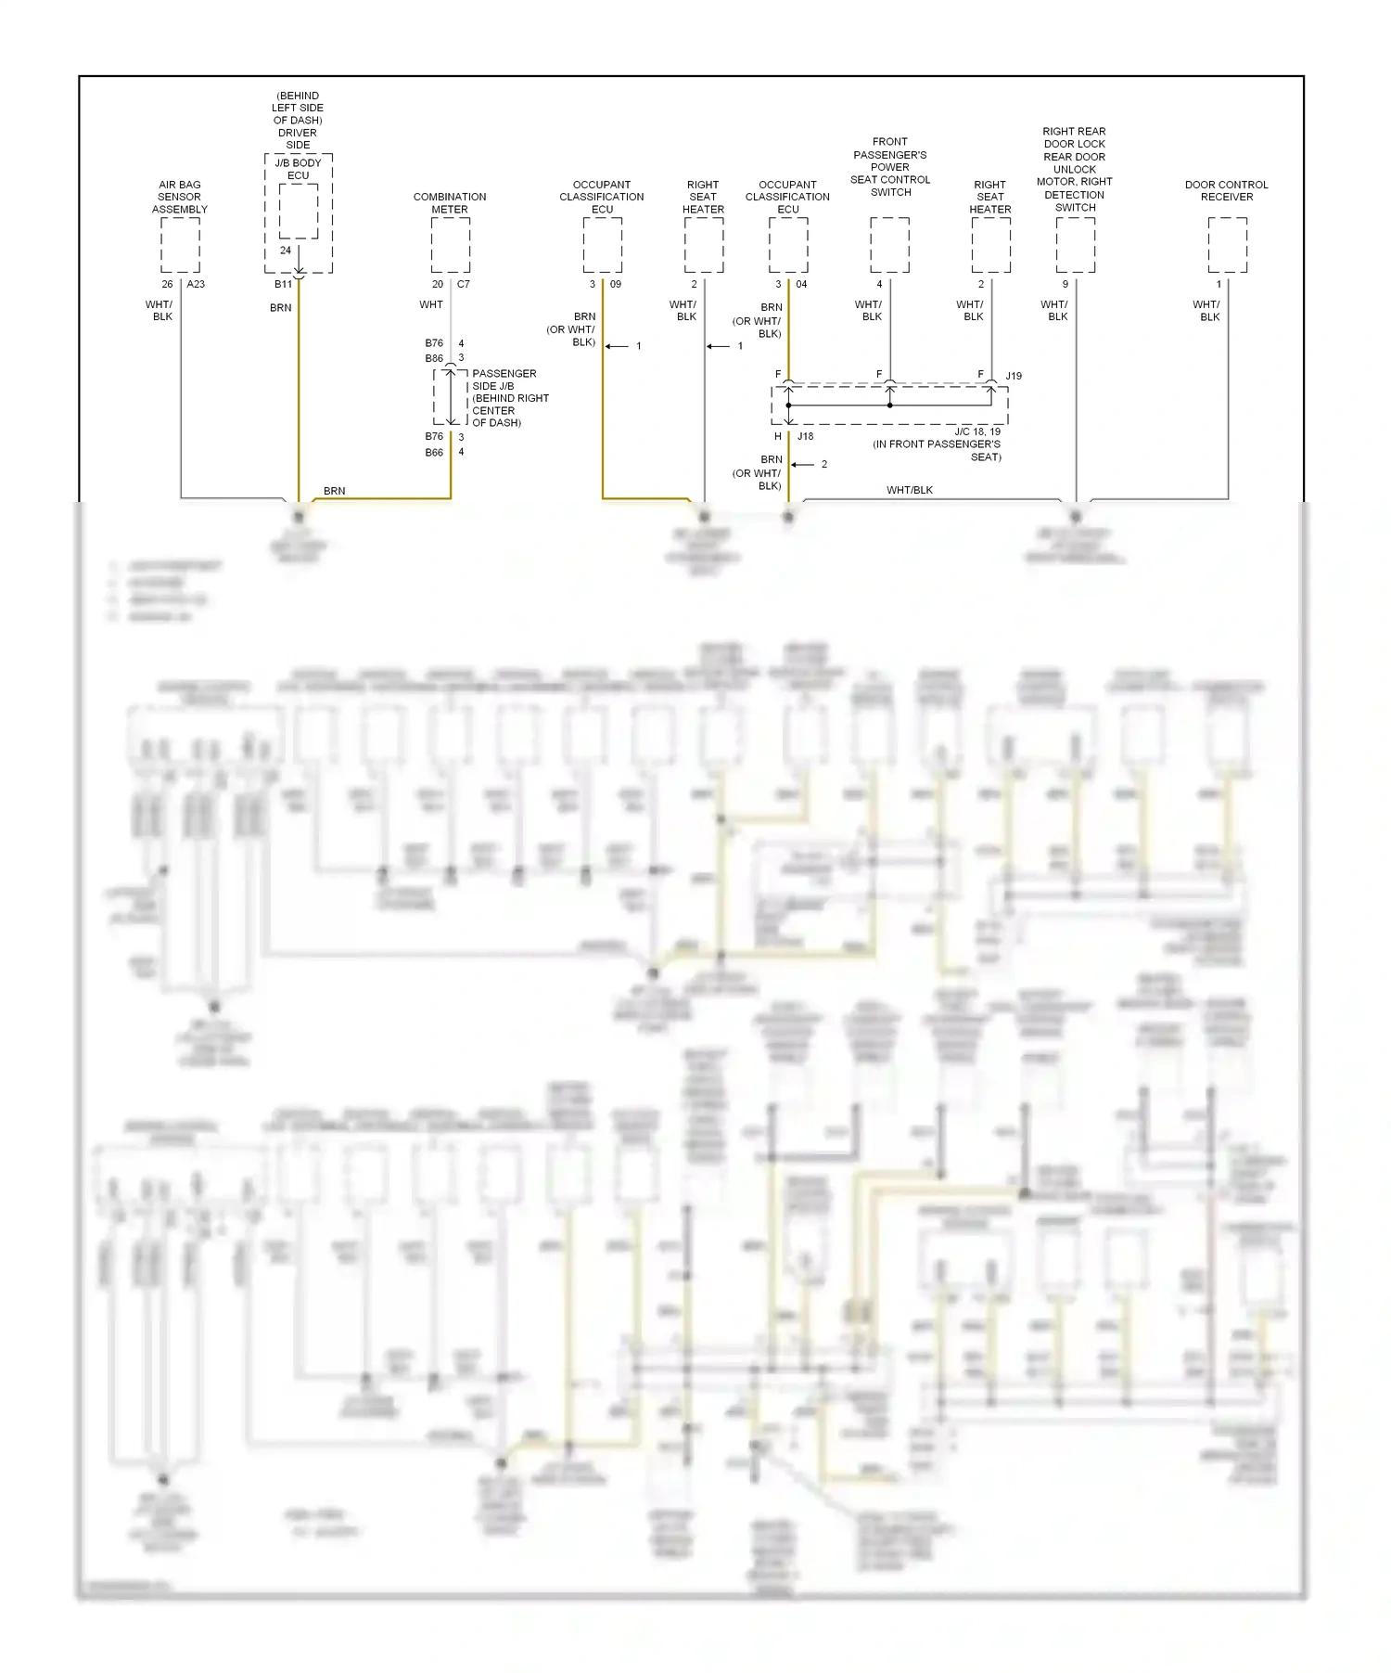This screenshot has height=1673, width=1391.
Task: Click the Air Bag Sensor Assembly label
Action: [179, 197]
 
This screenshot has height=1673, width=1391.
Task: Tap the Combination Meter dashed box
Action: [450, 245]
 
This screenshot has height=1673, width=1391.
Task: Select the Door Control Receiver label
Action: [1226, 190]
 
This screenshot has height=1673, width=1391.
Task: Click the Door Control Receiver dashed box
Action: [1227, 245]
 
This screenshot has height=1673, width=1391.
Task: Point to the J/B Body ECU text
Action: [298, 169]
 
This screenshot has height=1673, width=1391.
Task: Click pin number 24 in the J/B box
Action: [286, 251]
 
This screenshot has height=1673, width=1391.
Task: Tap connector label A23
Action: [196, 285]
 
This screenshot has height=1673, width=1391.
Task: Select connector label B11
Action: [283, 285]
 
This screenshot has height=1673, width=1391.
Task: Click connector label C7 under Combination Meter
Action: [464, 285]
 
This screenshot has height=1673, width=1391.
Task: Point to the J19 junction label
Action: [1014, 376]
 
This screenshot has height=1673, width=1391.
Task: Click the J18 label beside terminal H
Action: [805, 436]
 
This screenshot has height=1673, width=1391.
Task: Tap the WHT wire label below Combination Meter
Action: [431, 304]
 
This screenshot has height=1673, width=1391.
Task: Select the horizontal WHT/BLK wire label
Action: [909, 490]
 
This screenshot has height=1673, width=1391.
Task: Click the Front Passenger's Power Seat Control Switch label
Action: [890, 167]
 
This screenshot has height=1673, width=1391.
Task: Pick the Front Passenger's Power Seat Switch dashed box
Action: [889, 245]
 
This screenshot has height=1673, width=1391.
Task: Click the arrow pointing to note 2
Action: [802, 465]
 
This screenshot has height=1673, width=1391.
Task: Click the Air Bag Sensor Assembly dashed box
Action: [180, 245]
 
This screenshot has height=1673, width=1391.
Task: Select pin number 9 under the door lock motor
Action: [1065, 285]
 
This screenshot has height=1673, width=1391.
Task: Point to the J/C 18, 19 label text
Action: [977, 431]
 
